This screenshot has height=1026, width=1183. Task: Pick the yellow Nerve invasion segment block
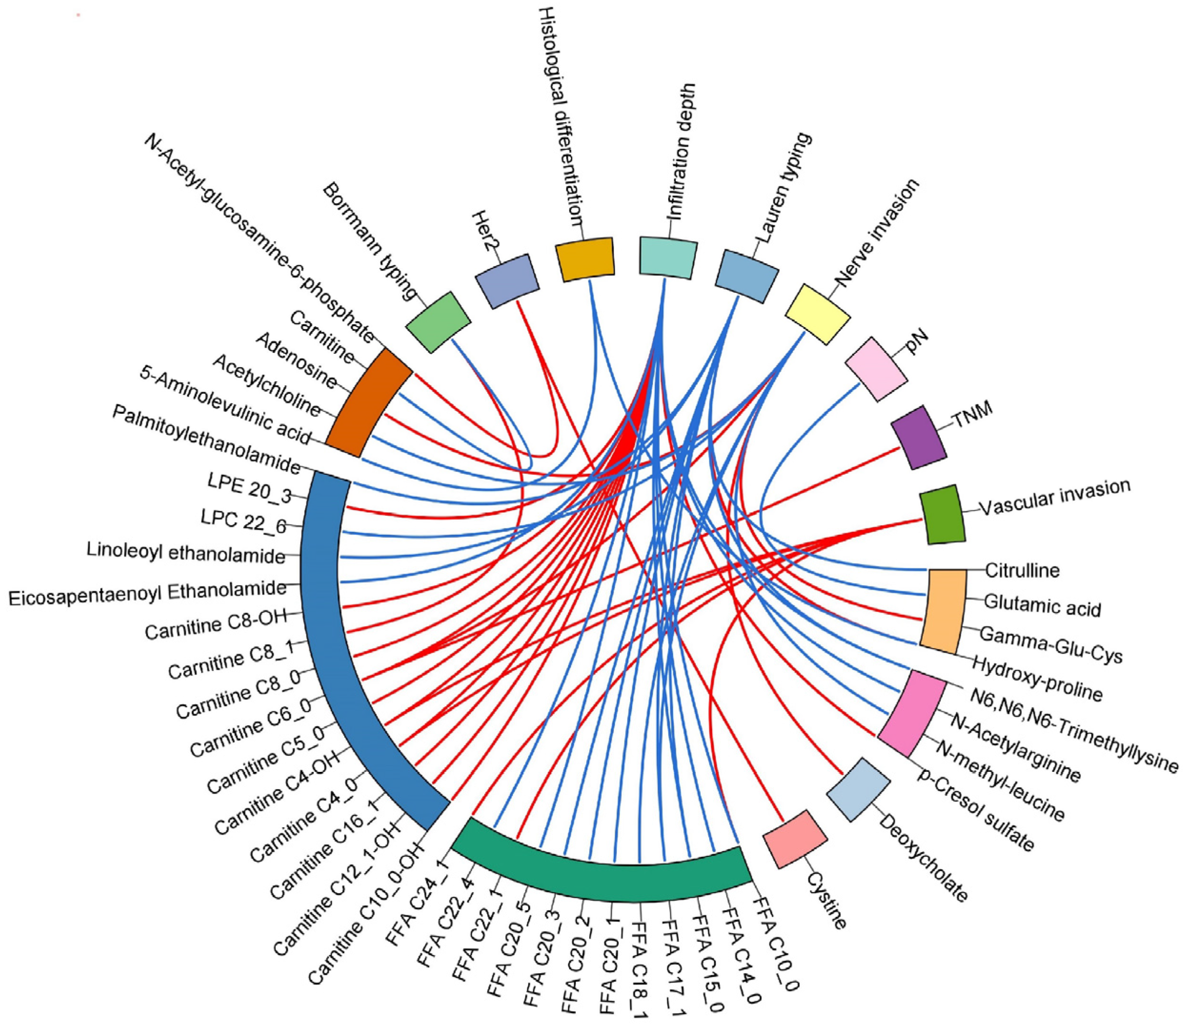point(817,314)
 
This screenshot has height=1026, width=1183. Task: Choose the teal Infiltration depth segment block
point(668,257)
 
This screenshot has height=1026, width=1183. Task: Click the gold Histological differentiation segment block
point(584,259)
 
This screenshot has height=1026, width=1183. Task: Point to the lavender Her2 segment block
point(507,281)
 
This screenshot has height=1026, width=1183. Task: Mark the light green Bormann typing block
point(439,322)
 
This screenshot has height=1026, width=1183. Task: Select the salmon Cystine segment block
point(795,838)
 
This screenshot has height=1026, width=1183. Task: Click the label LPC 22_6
point(243,522)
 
